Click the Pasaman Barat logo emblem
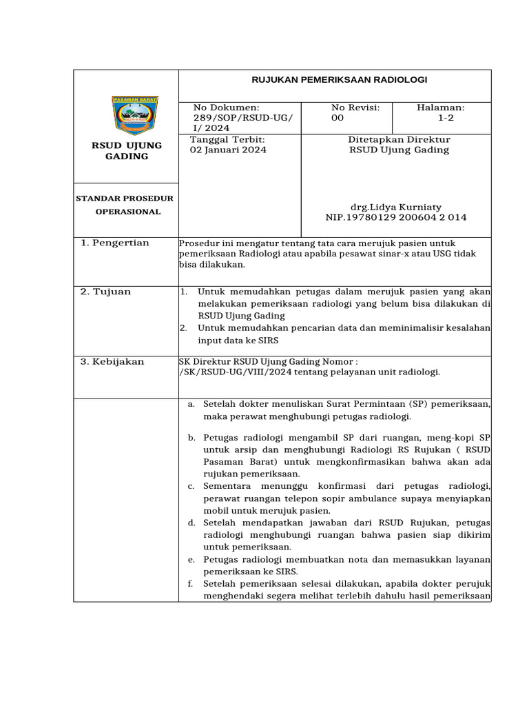[x=134, y=114]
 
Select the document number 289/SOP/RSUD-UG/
[x=242, y=118]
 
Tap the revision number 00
[x=337, y=118]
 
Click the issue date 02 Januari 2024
[x=227, y=150]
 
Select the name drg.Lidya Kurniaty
[x=396, y=207]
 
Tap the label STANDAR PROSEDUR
[x=125, y=199]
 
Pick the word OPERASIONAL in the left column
[x=128, y=212]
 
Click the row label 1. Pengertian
[x=115, y=243]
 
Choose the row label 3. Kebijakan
[x=112, y=362]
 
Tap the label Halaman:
[x=441, y=108]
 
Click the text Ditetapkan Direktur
[x=399, y=139]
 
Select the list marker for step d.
[x=191, y=523]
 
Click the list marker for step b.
[x=191, y=437]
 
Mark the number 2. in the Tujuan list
[x=184, y=328]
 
